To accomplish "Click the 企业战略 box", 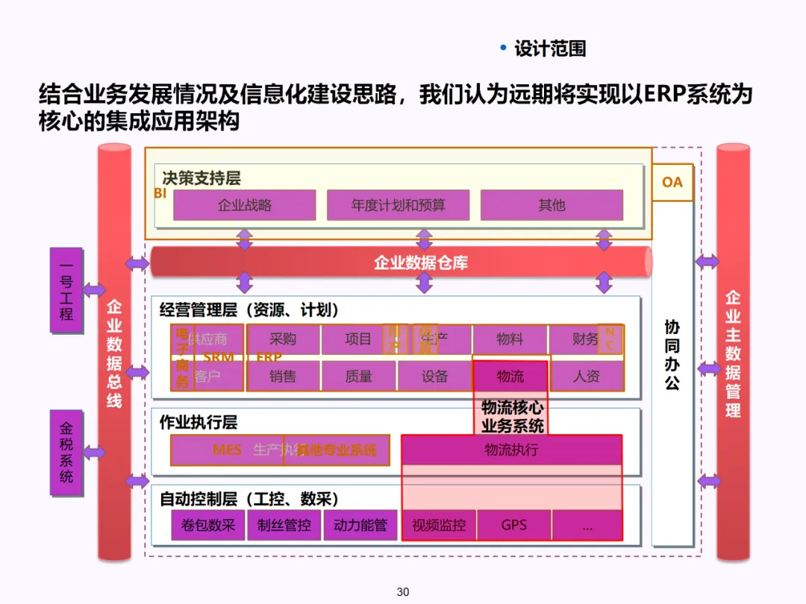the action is click(244, 205).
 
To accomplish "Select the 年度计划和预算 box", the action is click(398, 205).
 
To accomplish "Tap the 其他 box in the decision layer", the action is click(552, 205).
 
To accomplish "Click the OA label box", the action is click(672, 182).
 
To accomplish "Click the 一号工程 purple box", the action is click(66, 290).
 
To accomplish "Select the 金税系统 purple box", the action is click(66, 453).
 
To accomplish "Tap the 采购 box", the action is click(283, 339).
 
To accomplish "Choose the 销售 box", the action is click(283, 377).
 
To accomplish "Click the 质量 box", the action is click(359, 377).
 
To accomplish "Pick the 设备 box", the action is click(434, 377).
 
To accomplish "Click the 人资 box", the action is click(586, 377).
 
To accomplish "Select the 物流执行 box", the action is click(511, 450).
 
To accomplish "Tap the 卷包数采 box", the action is click(207, 525).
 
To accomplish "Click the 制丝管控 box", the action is click(284, 525).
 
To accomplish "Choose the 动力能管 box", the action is click(360, 525).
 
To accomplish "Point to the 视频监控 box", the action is click(439, 525).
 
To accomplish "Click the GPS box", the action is click(513, 525).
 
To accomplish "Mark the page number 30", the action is click(403, 592).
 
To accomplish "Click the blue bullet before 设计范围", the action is click(503, 48).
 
